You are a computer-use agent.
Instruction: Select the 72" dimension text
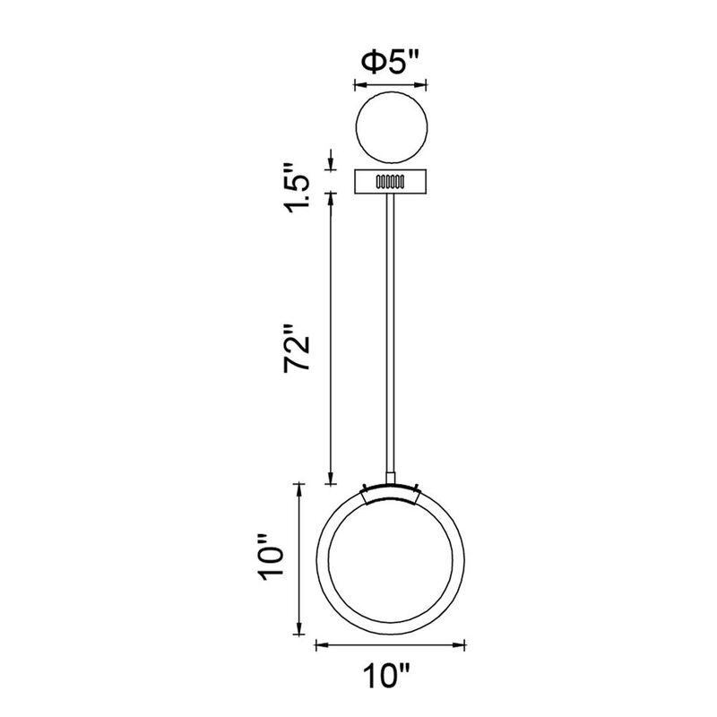[x=298, y=348]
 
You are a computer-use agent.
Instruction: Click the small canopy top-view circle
[x=392, y=127]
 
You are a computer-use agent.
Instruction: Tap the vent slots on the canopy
[x=390, y=182]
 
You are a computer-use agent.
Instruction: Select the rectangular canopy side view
[x=391, y=182]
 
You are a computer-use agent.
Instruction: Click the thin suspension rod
[x=390, y=333]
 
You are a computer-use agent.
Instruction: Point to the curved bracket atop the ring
[x=390, y=493]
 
